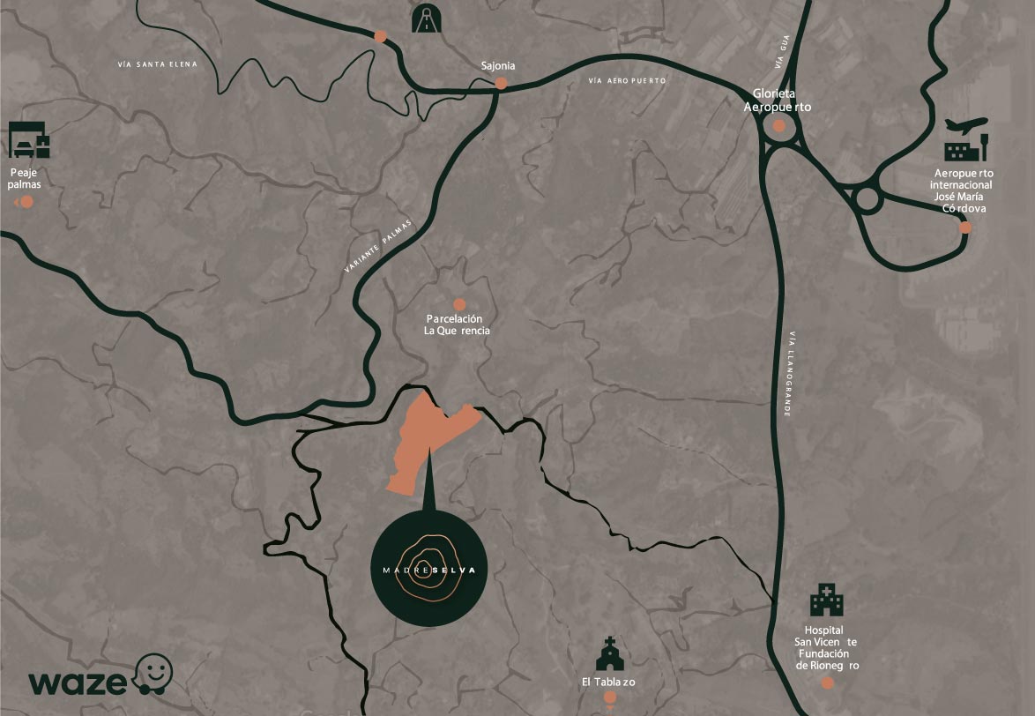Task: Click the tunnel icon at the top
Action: click(428, 19)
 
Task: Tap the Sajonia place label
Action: click(498, 66)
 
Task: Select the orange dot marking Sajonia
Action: click(501, 84)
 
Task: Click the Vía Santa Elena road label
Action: click(158, 64)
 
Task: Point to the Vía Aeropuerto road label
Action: click(628, 81)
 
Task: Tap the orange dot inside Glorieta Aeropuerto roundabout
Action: click(778, 126)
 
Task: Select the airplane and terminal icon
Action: click(966, 139)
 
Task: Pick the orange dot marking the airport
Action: click(965, 227)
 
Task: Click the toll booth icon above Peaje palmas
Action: click(29, 139)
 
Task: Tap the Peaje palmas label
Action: click(26, 178)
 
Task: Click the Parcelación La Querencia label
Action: click(456, 324)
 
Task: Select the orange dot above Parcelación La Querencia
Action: click(459, 304)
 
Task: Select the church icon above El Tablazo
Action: click(607, 654)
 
